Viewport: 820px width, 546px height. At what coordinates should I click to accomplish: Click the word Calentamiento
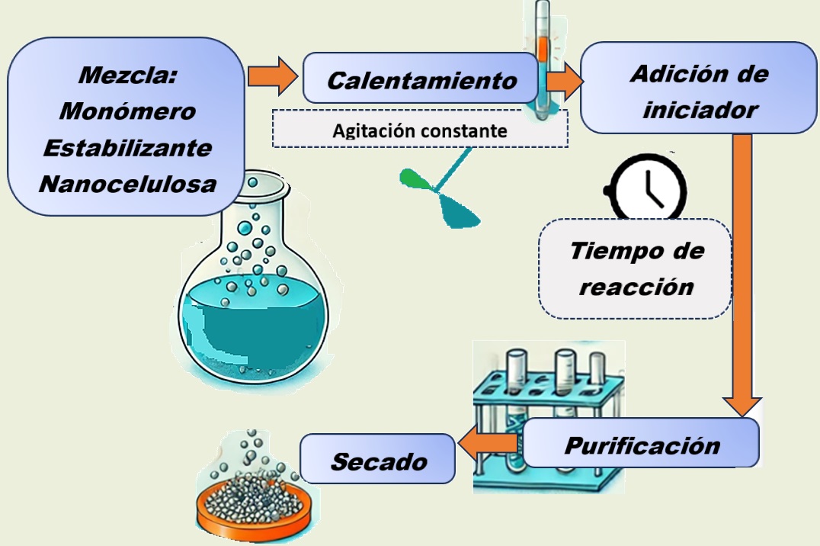tap(421, 80)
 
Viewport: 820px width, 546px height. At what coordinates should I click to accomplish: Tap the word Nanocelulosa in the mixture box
tap(127, 184)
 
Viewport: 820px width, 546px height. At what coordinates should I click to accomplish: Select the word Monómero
tap(127, 111)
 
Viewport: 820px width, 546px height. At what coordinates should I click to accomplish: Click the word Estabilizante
tap(127, 147)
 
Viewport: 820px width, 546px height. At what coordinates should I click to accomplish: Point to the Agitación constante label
tap(420, 130)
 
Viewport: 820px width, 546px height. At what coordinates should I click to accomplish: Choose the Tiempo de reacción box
tap(636, 268)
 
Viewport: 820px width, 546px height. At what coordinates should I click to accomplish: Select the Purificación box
tap(642, 444)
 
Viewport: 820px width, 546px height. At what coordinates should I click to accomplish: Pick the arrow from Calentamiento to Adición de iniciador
tap(563, 82)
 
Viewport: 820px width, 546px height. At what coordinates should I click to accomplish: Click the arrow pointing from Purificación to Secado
tap(488, 444)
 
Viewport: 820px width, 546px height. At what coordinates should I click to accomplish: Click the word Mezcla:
tap(127, 76)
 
